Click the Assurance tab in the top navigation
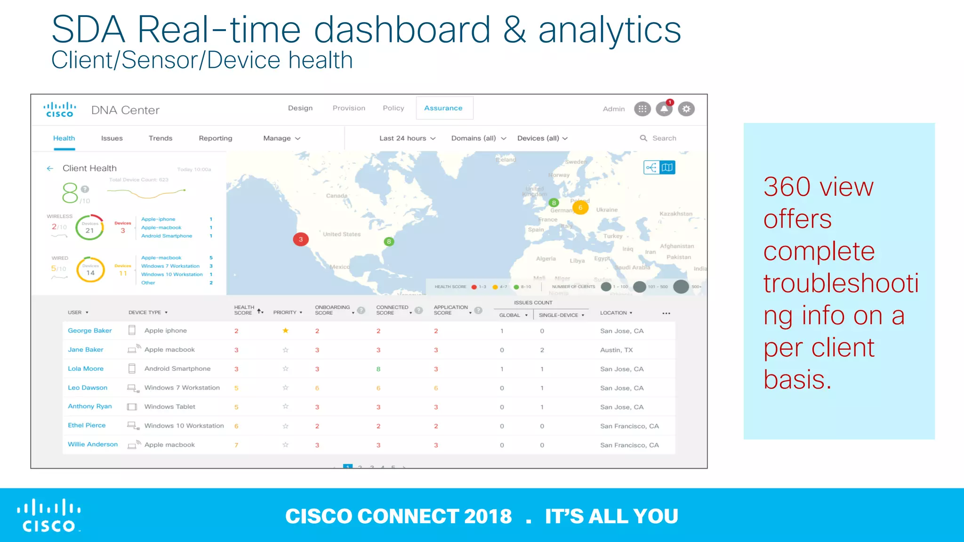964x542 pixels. pyautogui.click(x=443, y=108)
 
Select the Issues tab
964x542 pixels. pyautogui.click(x=112, y=138)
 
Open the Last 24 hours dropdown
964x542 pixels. pyautogui.click(x=407, y=138)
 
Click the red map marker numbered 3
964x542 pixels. pyautogui.click(x=301, y=239)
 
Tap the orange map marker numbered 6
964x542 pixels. pyautogui.click(x=580, y=207)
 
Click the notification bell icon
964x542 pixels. pyautogui.click(x=664, y=109)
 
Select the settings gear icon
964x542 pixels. pyautogui.click(x=686, y=109)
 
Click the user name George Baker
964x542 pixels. pyautogui.click(x=89, y=331)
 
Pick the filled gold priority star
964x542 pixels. pyautogui.click(x=285, y=331)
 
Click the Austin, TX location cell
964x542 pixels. pyautogui.click(x=616, y=350)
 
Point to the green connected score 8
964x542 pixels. pyautogui.click(x=378, y=369)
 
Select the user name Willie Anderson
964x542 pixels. pyautogui.click(x=93, y=445)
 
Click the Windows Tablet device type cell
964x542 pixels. pyautogui.click(x=169, y=407)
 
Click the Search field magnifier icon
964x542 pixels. pyautogui.click(x=643, y=138)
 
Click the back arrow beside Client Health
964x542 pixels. pyautogui.click(x=50, y=168)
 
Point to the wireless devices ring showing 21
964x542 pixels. pyautogui.click(x=89, y=228)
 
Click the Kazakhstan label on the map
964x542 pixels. pyautogui.click(x=675, y=214)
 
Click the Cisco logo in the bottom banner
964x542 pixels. pyautogui.click(x=49, y=516)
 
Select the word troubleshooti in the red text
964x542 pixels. pyautogui.click(x=841, y=283)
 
